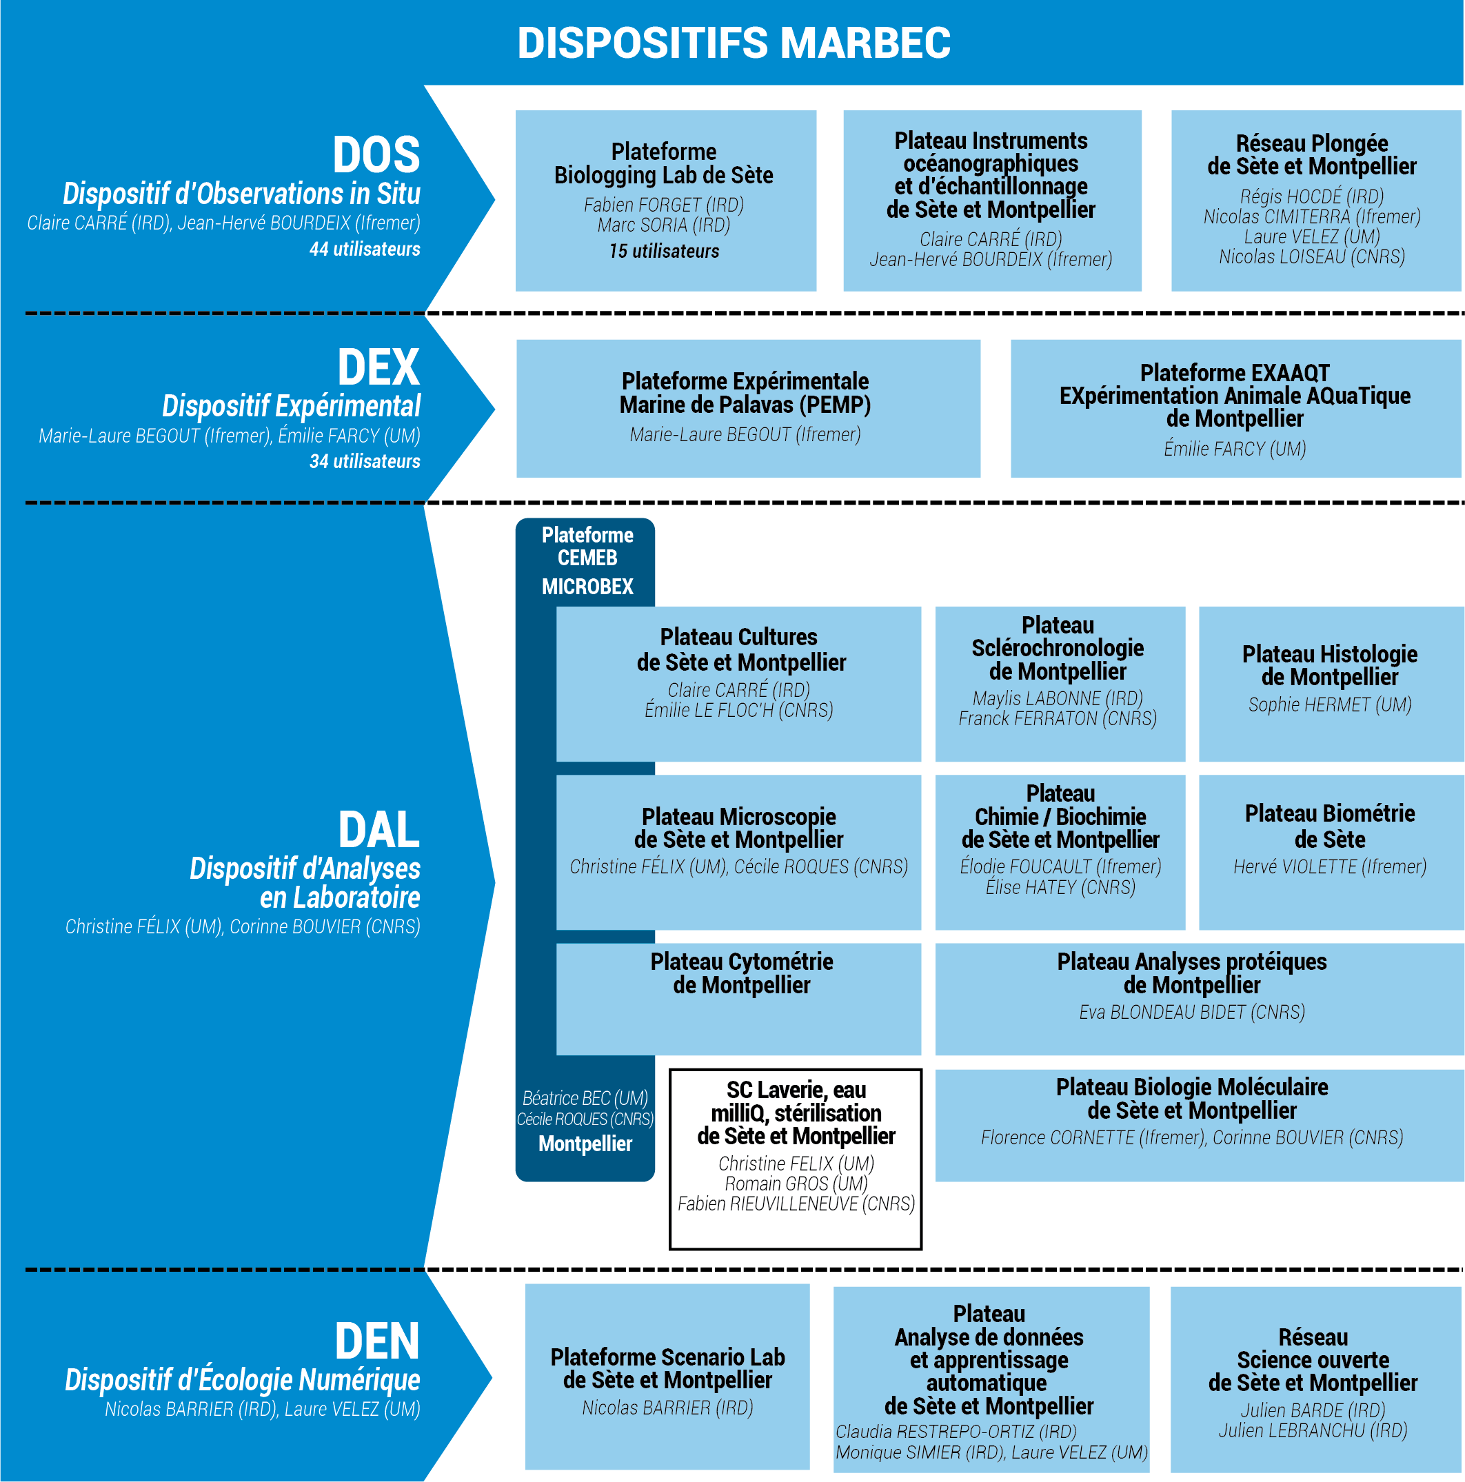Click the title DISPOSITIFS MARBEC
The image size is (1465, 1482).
point(734,42)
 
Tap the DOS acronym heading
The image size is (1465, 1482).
point(376,155)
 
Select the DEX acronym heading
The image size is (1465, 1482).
point(378,367)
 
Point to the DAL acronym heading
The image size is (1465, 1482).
point(379,830)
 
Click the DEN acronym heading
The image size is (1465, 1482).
point(376,1341)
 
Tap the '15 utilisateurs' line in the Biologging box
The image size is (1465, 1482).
point(664,252)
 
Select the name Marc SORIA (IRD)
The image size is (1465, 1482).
point(664,225)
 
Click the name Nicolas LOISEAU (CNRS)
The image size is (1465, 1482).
point(1311,257)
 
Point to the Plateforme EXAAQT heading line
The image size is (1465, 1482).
point(1234,373)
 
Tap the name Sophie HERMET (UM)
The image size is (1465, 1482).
point(1329,705)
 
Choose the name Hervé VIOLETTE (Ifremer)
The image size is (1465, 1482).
point(1329,867)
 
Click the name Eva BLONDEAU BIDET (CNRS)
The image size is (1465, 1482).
point(1191,1013)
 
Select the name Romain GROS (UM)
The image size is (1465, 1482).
point(796,1184)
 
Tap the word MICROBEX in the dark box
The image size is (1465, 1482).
point(587,587)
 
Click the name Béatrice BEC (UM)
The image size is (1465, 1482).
point(585,1099)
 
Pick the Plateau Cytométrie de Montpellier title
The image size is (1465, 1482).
point(741,973)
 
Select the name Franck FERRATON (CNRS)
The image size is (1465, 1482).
point(1057,719)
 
